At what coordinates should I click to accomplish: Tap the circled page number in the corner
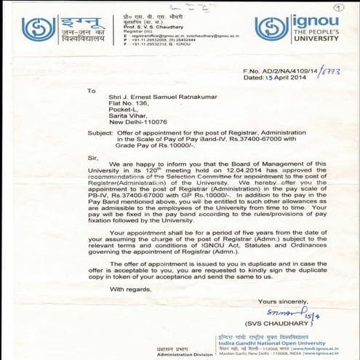click(x=349, y=9)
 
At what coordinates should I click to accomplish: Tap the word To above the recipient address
click(x=91, y=91)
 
